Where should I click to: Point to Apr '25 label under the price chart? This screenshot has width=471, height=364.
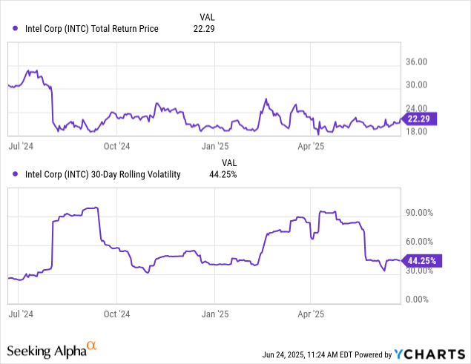point(311,147)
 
